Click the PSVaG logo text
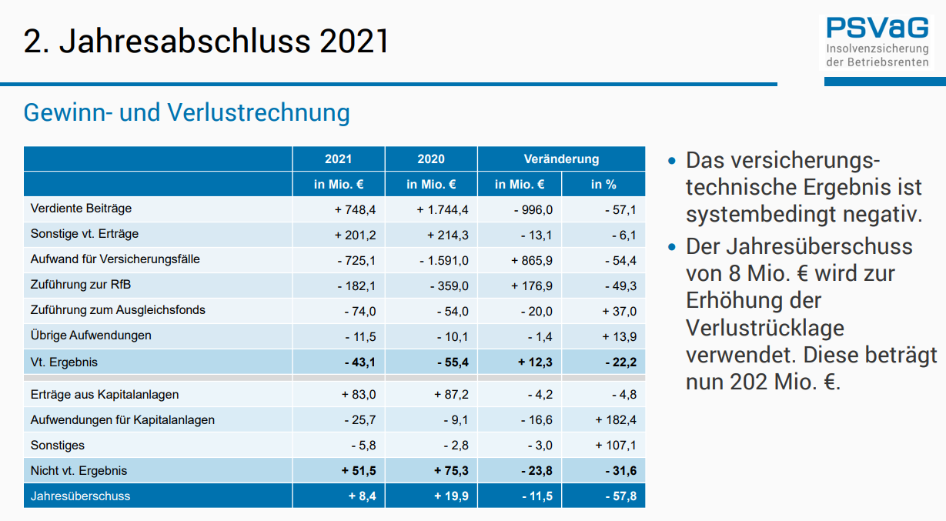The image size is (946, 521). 877,28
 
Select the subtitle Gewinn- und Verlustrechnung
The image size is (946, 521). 187,112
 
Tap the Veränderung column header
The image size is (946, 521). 561,159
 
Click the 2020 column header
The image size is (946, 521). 431,159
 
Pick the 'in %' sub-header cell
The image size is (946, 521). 603,184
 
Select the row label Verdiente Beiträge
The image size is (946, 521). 81,209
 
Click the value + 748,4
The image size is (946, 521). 355,210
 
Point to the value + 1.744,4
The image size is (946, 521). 443,210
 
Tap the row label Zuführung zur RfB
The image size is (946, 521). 81,285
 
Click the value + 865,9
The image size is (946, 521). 532,260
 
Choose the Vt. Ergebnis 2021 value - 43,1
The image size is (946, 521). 359,362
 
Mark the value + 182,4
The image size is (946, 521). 616,420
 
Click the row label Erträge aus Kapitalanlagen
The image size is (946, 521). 105,395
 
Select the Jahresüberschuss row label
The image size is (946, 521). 80,496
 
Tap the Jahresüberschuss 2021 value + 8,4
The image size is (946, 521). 362,496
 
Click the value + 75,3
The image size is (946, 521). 452,471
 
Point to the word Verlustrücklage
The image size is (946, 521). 765,328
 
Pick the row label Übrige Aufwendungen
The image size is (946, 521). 91,336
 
